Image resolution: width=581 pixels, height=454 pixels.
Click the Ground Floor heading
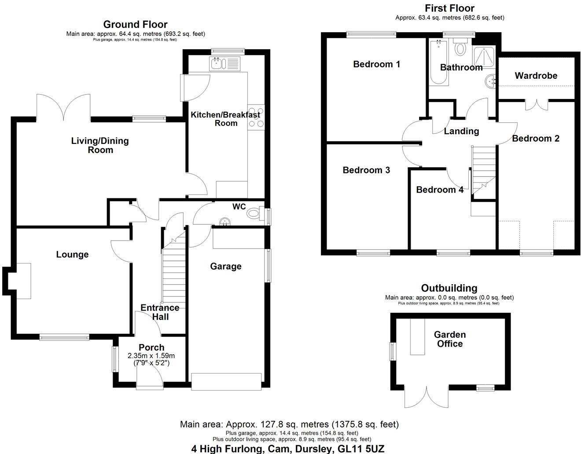[135, 24]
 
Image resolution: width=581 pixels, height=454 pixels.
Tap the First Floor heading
[449, 8]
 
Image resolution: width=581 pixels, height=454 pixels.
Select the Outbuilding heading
[449, 288]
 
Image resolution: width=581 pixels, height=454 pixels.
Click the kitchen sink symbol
[224, 63]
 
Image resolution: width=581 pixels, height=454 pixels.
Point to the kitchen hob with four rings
[256, 118]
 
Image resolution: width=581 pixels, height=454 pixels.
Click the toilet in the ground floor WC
[254, 214]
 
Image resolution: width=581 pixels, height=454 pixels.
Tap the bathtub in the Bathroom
[438, 62]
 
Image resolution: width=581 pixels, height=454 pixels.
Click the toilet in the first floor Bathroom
[460, 47]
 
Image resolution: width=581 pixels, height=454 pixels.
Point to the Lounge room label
[72, 254]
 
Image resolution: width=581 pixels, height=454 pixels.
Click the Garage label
[225, 266]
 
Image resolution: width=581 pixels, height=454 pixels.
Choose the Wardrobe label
[536, 76]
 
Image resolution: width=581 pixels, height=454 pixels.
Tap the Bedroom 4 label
[439, 190]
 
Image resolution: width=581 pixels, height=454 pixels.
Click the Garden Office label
[449, 339]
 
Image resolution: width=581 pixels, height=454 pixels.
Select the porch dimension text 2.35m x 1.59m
[151, 356]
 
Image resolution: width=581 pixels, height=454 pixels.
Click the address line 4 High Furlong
[287, 449]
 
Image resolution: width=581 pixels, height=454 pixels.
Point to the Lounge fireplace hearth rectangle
[24, 281]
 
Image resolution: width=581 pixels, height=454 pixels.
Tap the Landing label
[461, 131]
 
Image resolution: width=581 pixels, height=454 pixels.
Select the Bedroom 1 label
[376, 64]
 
